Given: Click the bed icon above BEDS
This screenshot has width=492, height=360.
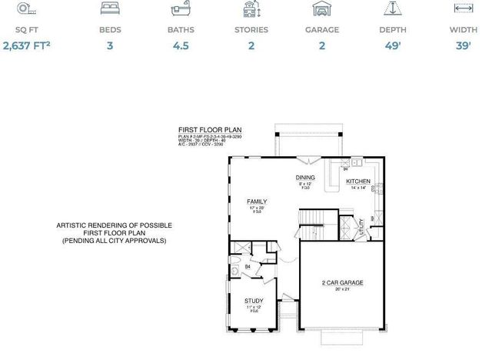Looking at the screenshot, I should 110,9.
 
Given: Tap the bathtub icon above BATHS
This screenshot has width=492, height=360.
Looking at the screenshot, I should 181,9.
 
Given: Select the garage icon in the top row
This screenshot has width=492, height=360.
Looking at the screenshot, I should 322,9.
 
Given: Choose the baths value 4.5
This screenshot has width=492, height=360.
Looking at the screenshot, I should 181,46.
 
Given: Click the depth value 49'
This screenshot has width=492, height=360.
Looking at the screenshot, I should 393,46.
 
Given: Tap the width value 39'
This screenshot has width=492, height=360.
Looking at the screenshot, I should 463,46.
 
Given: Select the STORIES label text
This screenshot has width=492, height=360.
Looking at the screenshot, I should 251,30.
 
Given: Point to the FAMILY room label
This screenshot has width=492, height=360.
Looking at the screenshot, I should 256,201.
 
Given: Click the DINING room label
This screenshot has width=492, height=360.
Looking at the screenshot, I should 306,178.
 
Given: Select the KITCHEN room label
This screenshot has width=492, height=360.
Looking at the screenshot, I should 358,182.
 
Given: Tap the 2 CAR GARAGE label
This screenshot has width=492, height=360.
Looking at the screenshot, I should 342,282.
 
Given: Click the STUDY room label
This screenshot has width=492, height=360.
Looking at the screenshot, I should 254,301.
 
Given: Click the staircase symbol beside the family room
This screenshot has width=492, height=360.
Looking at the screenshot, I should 309,232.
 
